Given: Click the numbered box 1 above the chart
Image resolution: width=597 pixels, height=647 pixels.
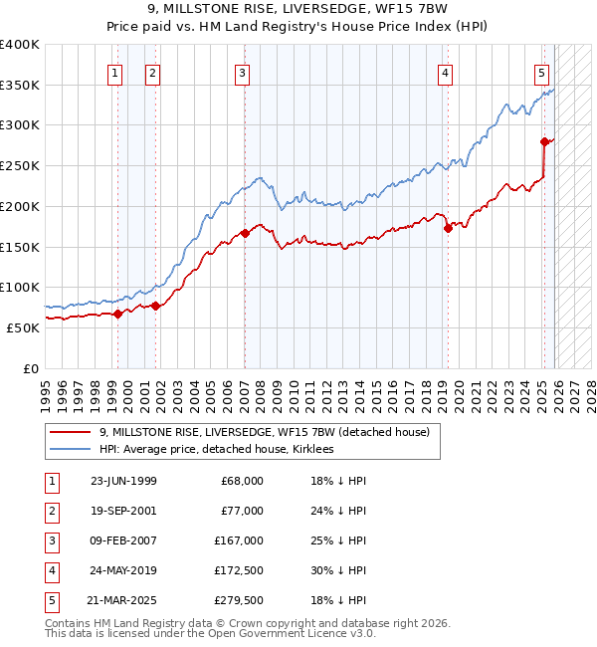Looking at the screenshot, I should click(115, 72).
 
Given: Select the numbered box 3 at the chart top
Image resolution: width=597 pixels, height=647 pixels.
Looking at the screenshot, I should click(243, 72).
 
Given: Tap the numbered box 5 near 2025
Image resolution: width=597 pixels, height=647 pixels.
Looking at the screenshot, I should click(541, 72).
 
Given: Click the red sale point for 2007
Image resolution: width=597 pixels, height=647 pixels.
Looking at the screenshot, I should click(244, 234).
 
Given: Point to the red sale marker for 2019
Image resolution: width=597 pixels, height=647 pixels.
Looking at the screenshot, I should click(447, 229).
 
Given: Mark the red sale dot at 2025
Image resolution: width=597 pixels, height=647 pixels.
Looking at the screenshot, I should click(544, 142).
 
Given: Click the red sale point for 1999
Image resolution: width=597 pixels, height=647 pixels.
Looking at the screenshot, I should click(118, 314).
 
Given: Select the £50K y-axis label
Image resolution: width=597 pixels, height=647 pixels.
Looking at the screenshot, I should click(24, 327).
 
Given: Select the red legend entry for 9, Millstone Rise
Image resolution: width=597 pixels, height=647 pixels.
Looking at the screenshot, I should click(264, 432).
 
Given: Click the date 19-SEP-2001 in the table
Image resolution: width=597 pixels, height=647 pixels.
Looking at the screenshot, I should click(123, 510).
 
